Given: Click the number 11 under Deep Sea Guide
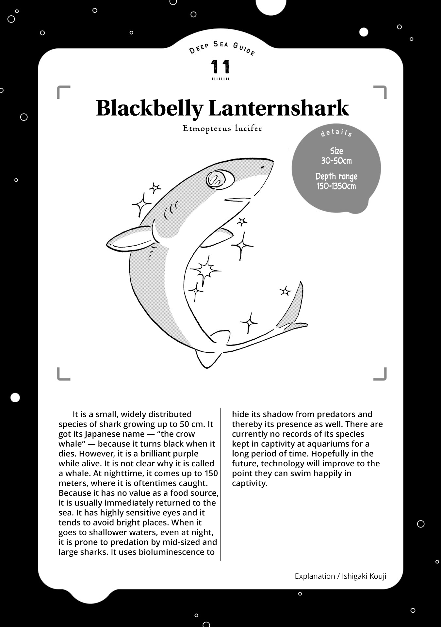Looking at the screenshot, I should [x=220, y=67].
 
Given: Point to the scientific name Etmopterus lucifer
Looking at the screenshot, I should [x=222, y=128].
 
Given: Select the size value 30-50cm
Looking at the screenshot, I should [x=336, y=161].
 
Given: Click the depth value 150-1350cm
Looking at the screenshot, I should [x=336, y=186].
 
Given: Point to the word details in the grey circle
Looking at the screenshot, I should [x=336, y=133].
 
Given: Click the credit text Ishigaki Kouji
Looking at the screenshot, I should [x=364, y=576].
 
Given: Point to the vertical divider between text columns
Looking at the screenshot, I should [x=221, y=483].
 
